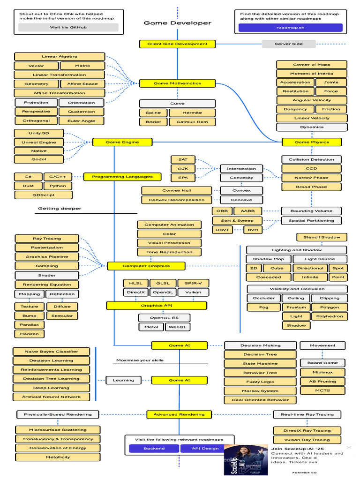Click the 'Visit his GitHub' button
68,27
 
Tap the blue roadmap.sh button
290,28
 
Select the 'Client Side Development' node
177,44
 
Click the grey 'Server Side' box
288,44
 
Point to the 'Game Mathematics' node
177,83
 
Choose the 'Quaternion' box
81,112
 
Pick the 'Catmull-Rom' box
192,122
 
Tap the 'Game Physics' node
312,142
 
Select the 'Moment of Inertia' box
312,74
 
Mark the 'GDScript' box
44,195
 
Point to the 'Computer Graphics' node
146,266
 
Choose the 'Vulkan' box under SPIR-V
193,292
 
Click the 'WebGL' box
178,327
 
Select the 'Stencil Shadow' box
322,237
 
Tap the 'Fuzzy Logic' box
260,382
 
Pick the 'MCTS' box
322,390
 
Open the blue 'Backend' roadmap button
154,449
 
